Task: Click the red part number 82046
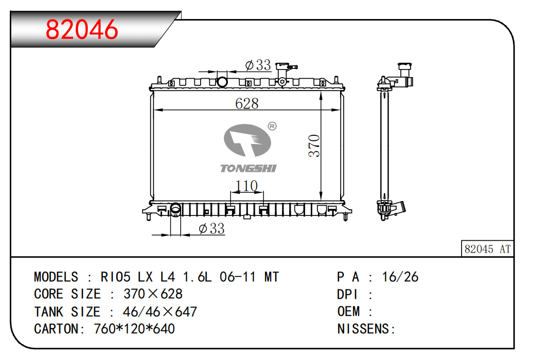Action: click(x=82, y=29)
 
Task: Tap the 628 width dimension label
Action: click(x=247, y=103)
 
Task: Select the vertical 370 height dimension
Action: click(x=314, y=146)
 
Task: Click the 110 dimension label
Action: click(x=246, y=186)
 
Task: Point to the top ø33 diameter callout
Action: click(x=258, y=65)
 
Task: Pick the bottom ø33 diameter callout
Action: click(x=211, y=228)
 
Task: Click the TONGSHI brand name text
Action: click(x=248, y=168)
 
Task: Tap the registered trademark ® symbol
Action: click(x=272, y=126)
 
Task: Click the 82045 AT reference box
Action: click(x=487, y=249)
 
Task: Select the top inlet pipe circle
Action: click(x=222, y=82)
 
